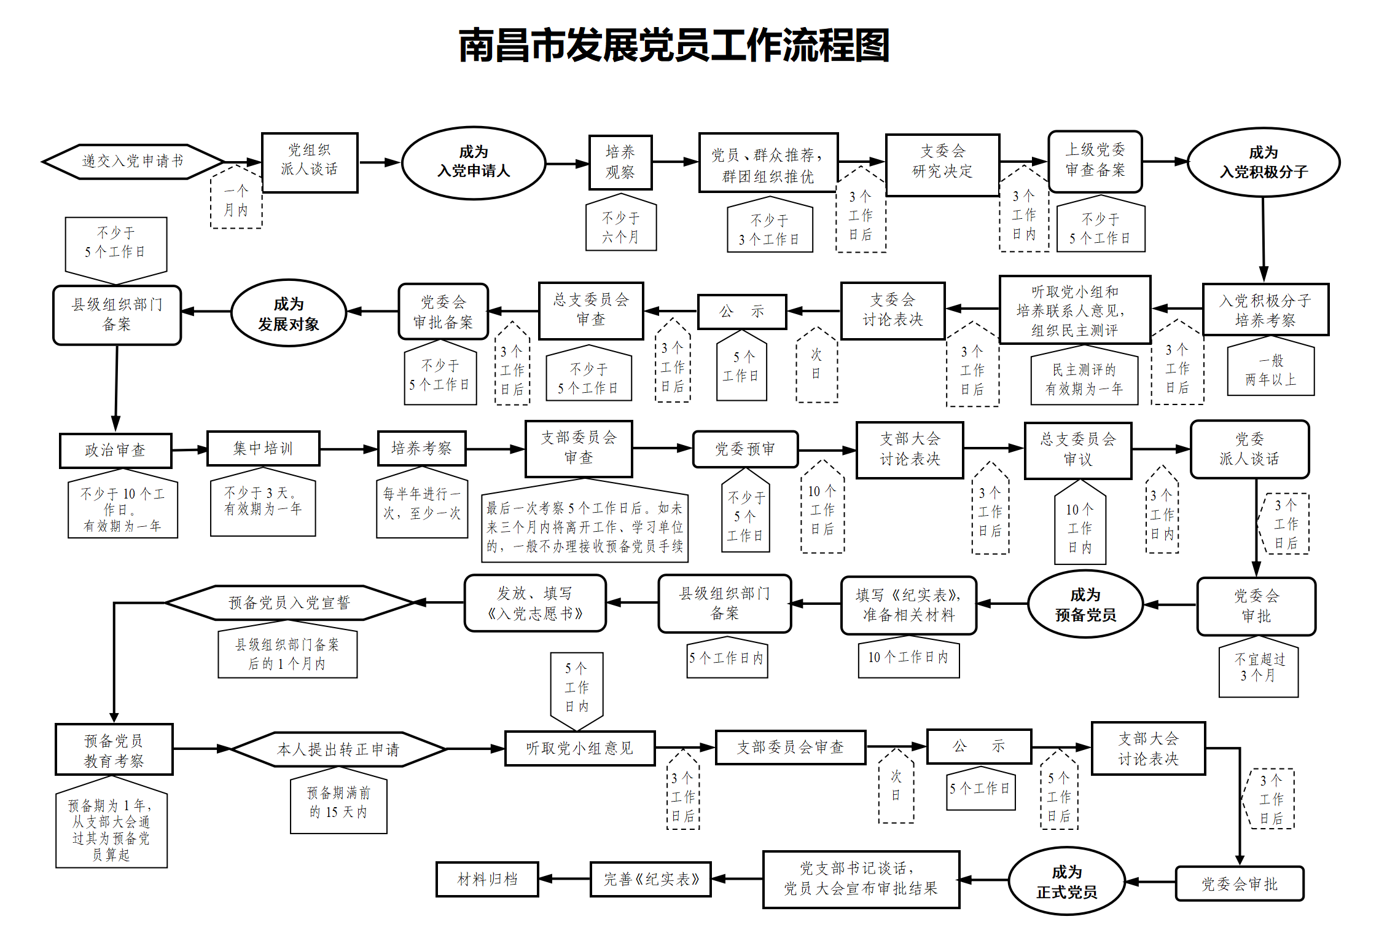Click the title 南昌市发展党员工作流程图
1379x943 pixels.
click(x=674, y=46)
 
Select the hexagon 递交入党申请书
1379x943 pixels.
click(x=133, y=162)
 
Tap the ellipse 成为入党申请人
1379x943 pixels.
click(x=474, y=162)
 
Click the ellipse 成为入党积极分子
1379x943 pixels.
click(x=1264, y=162)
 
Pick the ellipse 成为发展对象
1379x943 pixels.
click(x=288, y=314)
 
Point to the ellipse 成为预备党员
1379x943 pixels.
click(x=1085, y=604)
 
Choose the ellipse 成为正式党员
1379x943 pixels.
click(x=1066, y=882)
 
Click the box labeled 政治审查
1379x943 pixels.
click(x=115, y=451)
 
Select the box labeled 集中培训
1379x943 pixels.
click(x=263, y=449)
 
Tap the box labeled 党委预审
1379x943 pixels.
click(x=745, y=449)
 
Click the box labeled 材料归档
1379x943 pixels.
click(x=487, y=879)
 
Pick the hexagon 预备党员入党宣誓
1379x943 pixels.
click(x=289, y=602)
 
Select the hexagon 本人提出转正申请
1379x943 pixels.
click(x=338, y=749)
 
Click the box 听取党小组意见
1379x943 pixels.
click(x=579, y=748)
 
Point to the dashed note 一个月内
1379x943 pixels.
click(x=236, y=200)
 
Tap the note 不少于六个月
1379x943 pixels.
click(x=620, y=227)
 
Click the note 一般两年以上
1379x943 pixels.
click(x=1270, y=370)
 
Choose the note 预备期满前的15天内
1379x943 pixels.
click(x=338, y=803)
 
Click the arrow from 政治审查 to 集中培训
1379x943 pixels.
click(x=190, y=450)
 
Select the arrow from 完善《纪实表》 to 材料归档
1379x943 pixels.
click(x=564, y=879)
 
